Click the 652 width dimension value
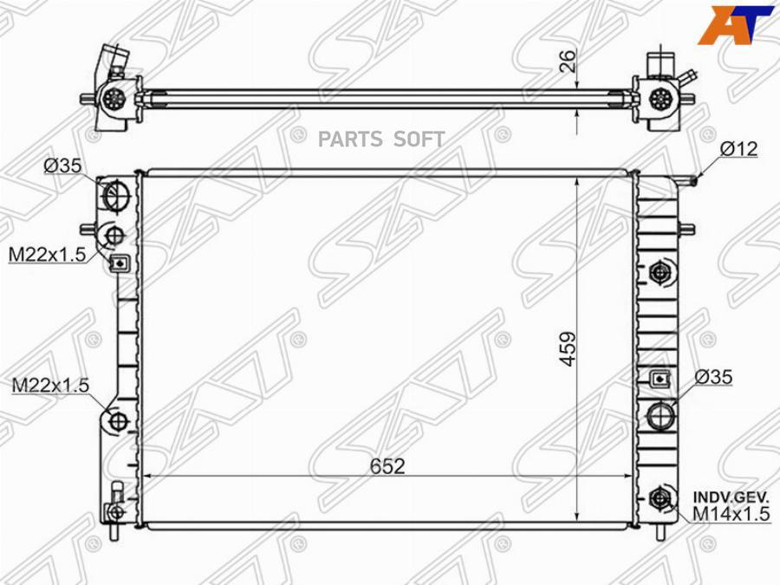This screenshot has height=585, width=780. pyautogui.click(x=387, y=466)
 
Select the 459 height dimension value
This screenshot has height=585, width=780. pyautogui.click(x=568, y=349)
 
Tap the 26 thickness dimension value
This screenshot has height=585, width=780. pyautogui.click(x=568, y=61)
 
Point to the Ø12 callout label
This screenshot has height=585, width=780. pyautogui.click(x=738, y=149)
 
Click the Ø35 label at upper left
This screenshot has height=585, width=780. pyautogui.click(x=62, y=166)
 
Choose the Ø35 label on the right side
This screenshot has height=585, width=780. pyautogui.click(x=713, y=377)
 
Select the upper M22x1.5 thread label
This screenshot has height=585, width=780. pyautogui.click(x=48, y=255)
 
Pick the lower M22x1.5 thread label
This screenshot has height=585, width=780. pyautogui.click(x=50, y=385)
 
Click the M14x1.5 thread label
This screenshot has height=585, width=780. pyautogui.click(x=731, y=514)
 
